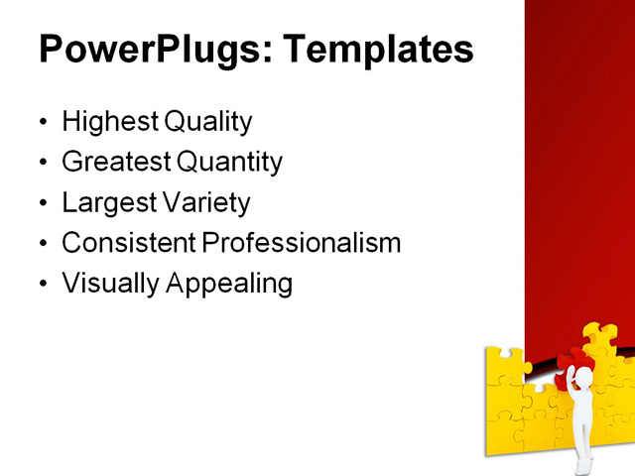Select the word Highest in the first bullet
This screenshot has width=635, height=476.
109,122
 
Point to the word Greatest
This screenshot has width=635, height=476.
115,162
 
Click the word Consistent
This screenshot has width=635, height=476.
128,243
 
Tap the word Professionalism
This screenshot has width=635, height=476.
302,243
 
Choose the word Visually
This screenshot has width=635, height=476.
110,284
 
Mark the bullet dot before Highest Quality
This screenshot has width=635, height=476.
42,123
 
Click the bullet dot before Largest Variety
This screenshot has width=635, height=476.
42,204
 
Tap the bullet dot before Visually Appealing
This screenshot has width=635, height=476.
42,285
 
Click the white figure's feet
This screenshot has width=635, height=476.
584,463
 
